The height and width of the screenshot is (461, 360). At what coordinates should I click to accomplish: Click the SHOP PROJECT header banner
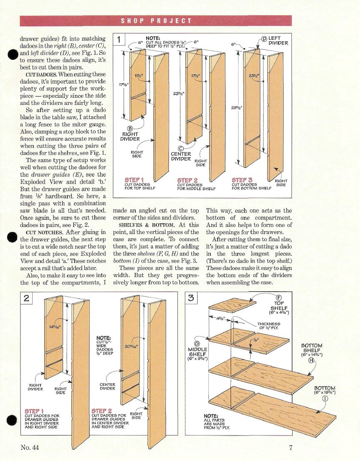tap(156, 21)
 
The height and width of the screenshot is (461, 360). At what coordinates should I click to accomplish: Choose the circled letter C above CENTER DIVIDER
tap(181, 148)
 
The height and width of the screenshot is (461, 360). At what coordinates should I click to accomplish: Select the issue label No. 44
tap(30, 448)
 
